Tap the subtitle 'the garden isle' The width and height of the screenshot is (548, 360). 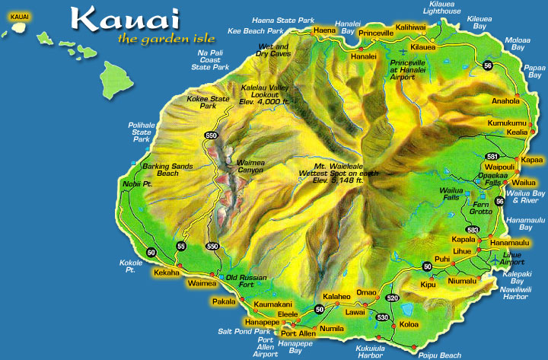[x=166, y=39]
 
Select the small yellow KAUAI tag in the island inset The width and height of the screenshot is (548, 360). [x=20, y=16]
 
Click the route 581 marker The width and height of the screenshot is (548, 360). [x=492, y=156]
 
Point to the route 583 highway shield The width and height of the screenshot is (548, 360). [x=473, y=229]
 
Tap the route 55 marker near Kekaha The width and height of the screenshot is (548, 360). [x=180, y=246]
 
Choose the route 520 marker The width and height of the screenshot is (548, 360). [x=392, y=298]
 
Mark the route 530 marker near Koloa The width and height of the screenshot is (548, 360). [x=382, y=317]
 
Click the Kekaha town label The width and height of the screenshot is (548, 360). [x=167, y=272]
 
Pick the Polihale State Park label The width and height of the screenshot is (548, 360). [x=142, y=130]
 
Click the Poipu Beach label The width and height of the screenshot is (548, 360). [x=439, y=355]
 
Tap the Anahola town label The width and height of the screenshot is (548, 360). [x=506, y=100]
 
